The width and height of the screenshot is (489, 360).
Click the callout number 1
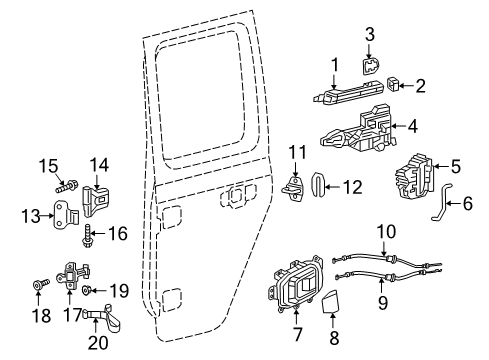[x=336, y=64]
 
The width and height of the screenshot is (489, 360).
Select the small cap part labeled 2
[x=394, y=86]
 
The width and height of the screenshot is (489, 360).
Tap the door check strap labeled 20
[x=102, y=321]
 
